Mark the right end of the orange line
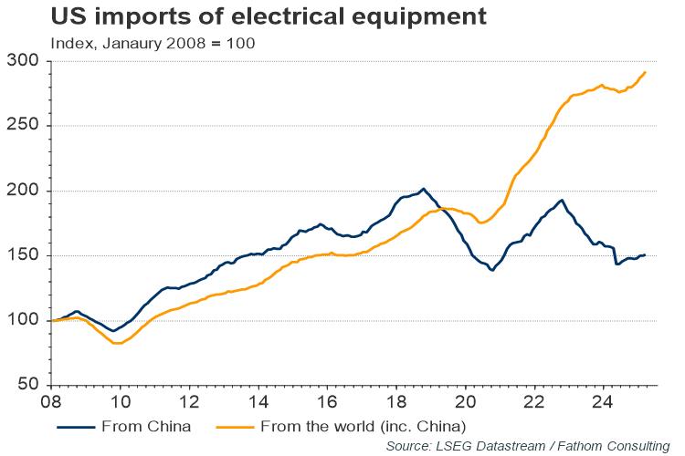click(x=646, y=72)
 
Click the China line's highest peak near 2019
click(x=422, y=189)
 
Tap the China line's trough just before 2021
click(x=492, y=270)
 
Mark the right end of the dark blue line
click(x=646, y=254)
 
